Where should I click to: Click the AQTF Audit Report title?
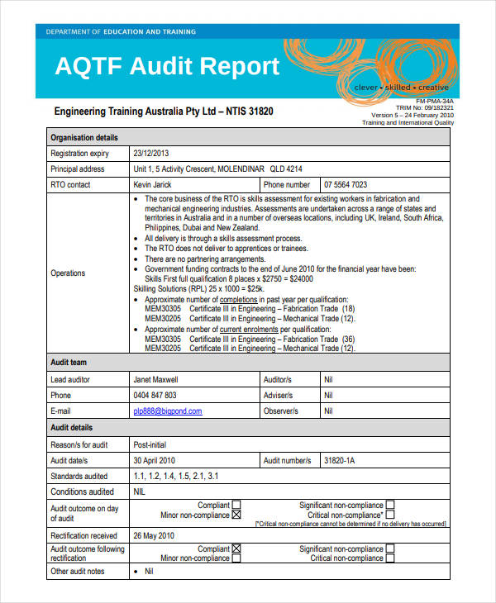click(167, 66)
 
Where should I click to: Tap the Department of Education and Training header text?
click(121, 31)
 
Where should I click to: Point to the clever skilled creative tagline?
click(400, 87)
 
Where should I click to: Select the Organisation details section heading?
click(84, 137)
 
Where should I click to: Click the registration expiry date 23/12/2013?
click(150, 153)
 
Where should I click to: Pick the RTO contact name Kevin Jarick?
click(154, 184)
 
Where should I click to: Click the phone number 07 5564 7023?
click(346, 184)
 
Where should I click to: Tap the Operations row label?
click(68, 273)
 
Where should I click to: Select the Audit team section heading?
click(69, 363)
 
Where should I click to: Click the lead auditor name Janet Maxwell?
click(155, 379)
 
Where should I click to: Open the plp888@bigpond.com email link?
click(167, 411)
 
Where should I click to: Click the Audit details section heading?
click(72, 427)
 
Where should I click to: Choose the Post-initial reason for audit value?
click(151, 444)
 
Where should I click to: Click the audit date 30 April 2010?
click(155, 460)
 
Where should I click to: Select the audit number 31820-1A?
click(340, 460)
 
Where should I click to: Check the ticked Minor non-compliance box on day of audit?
click(236, 515)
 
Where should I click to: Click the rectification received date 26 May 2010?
click(154, 534)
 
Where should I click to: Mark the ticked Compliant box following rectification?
click(236, 548)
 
